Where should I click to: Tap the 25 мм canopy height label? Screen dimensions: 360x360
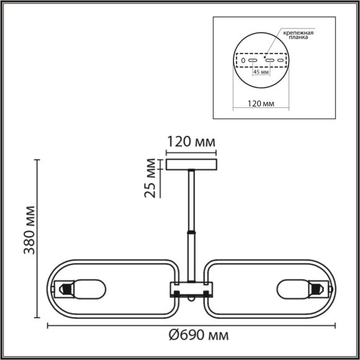coord(149,178)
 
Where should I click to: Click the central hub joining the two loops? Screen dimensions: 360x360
coord(192,289)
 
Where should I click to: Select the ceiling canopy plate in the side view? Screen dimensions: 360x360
coord(192,164)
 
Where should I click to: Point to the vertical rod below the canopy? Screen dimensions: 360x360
coord(192,199)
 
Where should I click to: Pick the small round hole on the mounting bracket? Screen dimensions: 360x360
coord(243,60)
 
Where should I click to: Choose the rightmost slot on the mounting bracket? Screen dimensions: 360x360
coord(280,60)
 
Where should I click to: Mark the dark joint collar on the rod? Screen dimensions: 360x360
coord(192,233)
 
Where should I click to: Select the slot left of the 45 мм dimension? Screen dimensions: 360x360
coord(253,60)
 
